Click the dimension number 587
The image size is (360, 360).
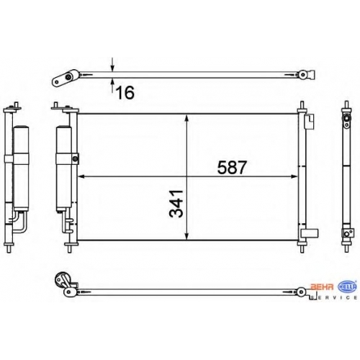[232, 167]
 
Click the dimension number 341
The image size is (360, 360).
[176, 204]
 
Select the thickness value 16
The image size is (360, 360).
[125, 93]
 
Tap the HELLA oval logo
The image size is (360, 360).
[347, 286]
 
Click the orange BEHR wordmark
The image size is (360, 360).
[322, 287]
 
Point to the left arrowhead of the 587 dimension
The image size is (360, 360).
[82, 176]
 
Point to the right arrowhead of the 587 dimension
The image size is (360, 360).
[294, 176]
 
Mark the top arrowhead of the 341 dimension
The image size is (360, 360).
[187, 118]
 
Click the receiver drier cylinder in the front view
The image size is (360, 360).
[63, 169]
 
